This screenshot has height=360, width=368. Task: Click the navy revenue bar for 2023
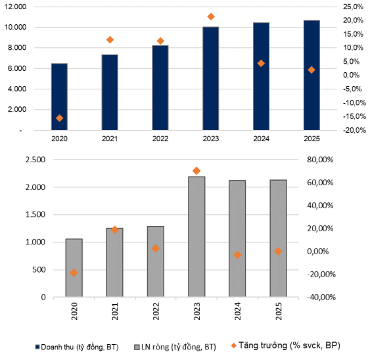click(x=211, y=78)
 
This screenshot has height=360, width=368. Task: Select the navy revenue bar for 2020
click(x=59, y=97)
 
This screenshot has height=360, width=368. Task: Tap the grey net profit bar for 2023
click(x=196, y=236)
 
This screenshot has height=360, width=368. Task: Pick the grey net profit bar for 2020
click(x=74, y=268)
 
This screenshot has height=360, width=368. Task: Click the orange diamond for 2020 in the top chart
click(x=59, y=118)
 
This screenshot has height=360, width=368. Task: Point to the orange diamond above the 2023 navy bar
click(x=211, y=16)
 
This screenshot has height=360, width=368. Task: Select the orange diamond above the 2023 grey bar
click(x=196, y=171)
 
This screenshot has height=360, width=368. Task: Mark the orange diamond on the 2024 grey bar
click(x=237, y=255)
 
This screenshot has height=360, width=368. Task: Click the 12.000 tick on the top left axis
click(x=15, y=7)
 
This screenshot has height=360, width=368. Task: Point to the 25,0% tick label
click(x=353, y=7)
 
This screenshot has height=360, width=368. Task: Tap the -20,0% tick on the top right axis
click(x=354, y=130)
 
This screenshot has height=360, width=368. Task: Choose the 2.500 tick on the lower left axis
click(x=35, y=160)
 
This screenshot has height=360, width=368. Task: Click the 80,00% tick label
click(x=320, y=160)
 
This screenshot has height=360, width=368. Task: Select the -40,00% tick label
click(x=321, y=297)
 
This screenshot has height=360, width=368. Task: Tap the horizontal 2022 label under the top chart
click(x=160, y=139)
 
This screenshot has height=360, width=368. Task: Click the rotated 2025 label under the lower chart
click(x=279, y=311)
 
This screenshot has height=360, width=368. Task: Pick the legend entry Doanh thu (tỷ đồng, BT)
click(x=77, y=347)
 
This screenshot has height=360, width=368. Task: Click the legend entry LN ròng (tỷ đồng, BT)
click(x=175, y=347)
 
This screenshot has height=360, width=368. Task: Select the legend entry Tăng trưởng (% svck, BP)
click(x=286, y=345)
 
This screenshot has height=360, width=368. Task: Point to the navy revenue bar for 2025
click(x=311, y=75)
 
